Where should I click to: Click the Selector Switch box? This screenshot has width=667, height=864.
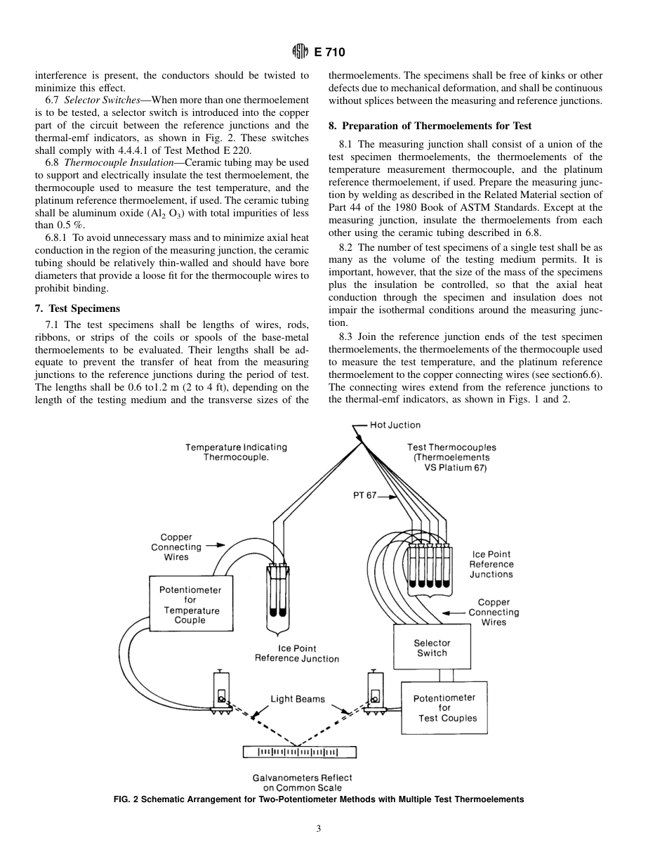(431, 648)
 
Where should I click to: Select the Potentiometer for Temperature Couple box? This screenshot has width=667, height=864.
(190, 605)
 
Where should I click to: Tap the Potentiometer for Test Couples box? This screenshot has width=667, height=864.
(444, 707)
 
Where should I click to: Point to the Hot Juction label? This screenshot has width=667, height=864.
(395, 425)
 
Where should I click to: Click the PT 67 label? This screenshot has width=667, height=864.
(364, 495)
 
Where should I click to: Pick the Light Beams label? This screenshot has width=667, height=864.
(298, 699)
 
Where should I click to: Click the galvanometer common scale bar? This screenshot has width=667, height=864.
(299, 752)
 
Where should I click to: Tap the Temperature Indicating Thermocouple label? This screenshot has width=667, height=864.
(236, 452)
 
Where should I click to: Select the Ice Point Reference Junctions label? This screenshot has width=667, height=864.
(491, 564)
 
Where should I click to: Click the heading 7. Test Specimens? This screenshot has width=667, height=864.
(77, 308)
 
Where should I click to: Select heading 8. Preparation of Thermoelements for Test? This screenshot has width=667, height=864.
(430, 126)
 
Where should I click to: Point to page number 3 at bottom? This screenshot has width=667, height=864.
(318, 829)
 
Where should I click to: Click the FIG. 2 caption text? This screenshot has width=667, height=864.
(318, 799)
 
